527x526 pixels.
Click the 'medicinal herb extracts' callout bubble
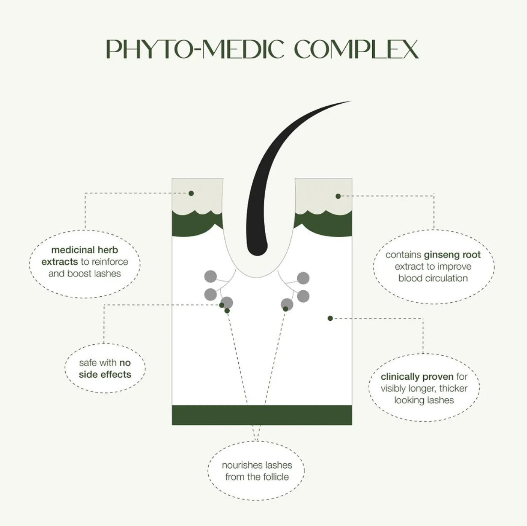(85, 264)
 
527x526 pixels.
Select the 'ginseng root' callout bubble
(433, 267)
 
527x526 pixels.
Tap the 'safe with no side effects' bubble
(105, 368)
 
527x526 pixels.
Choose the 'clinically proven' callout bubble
(424, 388)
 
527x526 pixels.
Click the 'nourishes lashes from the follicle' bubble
(256, 471)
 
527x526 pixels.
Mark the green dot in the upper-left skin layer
(191, 193)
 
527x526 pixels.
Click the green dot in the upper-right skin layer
(338, 196)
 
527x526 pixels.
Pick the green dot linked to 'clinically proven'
(330, 318)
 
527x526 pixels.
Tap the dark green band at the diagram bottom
(262, 415)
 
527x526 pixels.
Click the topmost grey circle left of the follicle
(210, 276)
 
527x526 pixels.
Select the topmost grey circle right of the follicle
(303, 278)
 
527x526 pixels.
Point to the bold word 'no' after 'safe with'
(125, 363)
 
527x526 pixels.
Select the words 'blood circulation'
(433, 278)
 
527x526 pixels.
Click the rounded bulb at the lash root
(257, 247)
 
